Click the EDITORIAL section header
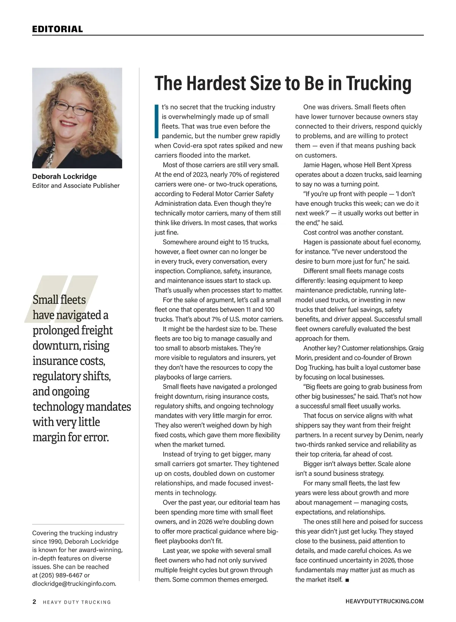57,29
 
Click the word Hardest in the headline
215,83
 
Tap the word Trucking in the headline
379,83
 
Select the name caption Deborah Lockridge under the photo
64,176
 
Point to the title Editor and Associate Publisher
76,186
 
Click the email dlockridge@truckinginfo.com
74,584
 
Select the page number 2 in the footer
34,601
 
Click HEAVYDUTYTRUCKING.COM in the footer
385,601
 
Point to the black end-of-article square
347,580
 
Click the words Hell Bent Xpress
388,165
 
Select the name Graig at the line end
416,348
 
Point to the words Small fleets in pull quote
59,300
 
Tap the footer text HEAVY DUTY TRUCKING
77,602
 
